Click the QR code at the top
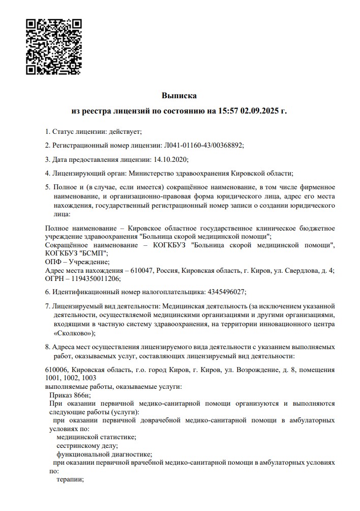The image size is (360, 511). [x=53, y=46]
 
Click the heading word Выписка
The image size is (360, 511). [x=179, y=95]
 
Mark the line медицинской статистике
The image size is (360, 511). [x=96, y=437]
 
